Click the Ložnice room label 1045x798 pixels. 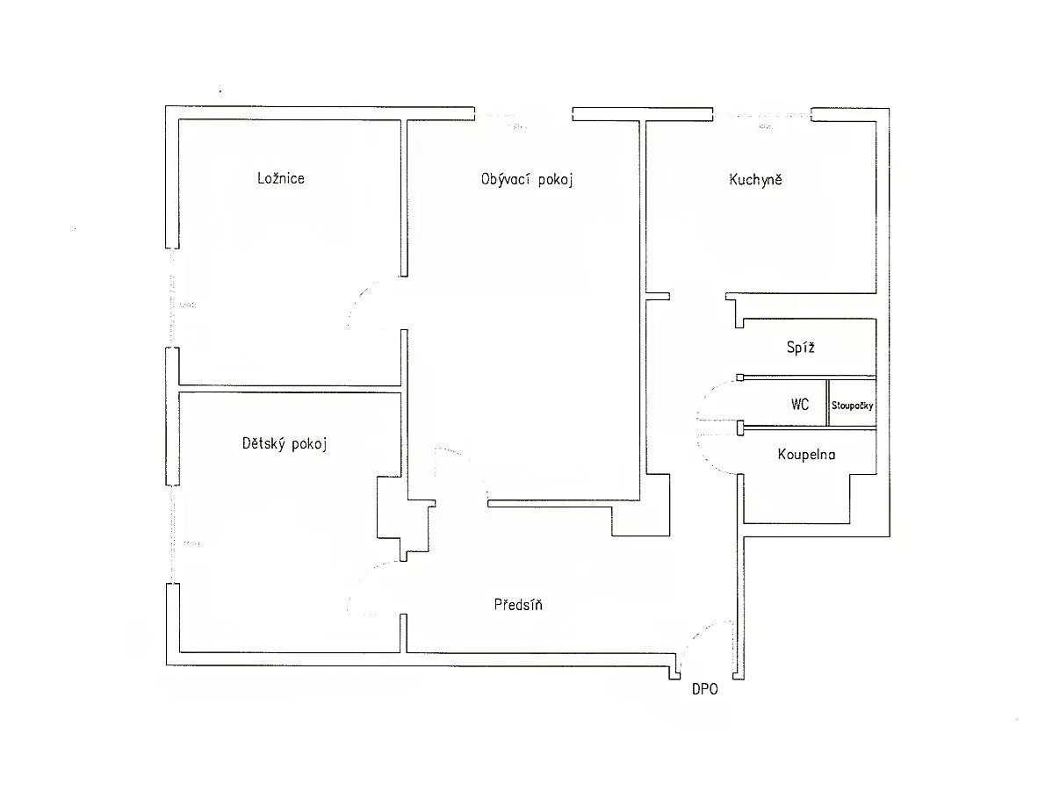281,178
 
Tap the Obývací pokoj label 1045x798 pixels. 527,179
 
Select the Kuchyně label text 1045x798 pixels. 756,179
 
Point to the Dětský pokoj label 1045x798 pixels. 285,443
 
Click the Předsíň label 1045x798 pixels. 518,604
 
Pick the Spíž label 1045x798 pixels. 800,347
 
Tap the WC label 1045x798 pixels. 800,404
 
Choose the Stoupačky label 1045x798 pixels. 853,405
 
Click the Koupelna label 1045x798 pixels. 806,454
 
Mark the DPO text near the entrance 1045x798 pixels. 705,689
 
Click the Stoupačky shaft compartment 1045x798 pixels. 853,402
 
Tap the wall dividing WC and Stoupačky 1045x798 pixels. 828,402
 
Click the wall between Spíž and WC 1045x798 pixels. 809,377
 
